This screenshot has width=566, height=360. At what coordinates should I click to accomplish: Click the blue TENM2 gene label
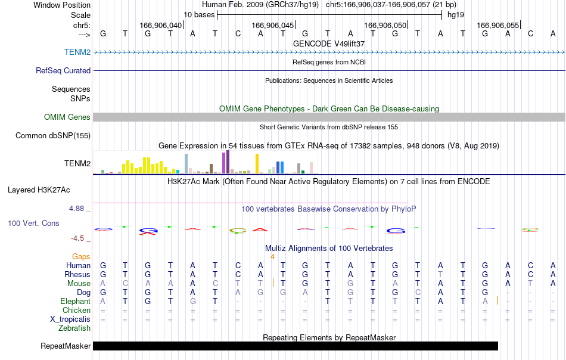tap(77, 52)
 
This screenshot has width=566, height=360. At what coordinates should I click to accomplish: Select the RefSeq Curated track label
tap(63, 70)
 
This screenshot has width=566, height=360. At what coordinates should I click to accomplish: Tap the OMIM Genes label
tap(67, 117)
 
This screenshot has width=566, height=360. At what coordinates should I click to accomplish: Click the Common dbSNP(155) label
tap(53, 135)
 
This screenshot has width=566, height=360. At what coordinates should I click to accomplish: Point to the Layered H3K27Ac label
tap(39, 190)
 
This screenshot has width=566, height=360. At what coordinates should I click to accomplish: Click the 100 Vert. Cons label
tap(33, 223)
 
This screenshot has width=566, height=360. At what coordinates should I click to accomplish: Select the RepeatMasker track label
tap(66, 346)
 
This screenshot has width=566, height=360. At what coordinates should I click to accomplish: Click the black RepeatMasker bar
tap(296, 346)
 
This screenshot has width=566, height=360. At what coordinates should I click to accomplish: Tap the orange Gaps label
tap(81, 256)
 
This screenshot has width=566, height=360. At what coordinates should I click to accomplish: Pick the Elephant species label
tap(76, 301)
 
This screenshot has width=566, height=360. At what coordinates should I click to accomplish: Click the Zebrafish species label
tap(74, 328)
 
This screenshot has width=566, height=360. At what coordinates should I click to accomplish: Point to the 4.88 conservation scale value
tap(76, 209)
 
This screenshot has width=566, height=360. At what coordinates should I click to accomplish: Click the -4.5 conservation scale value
tap(77, 238)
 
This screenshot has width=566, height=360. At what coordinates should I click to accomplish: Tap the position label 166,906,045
tap(272, 25)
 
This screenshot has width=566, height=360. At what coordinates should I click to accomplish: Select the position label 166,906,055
tap(497, 25)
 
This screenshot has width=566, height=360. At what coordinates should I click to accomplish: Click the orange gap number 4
tap(272, 257)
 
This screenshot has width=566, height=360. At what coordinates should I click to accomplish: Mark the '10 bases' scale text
tap(199, 15)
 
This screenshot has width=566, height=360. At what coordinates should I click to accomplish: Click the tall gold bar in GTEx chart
tap(257, 163)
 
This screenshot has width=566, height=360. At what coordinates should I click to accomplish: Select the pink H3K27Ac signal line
tap(250, 203)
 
